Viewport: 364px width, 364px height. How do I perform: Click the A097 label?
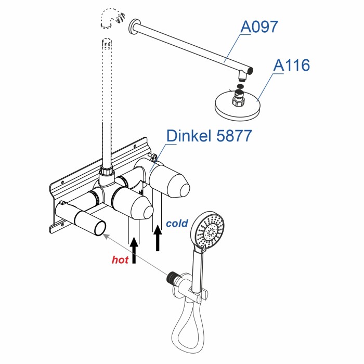(261, 27)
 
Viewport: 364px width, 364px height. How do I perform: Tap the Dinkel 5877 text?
(209, 136)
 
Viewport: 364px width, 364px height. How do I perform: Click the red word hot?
(120, 260)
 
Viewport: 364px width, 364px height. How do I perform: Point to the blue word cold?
(177, 224)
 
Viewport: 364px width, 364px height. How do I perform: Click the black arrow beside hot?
(135, 250)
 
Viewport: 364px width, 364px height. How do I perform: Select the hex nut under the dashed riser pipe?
(106, 172)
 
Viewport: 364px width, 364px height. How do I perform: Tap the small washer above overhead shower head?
(240, 85)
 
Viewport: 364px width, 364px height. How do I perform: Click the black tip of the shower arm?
(250, 71)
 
